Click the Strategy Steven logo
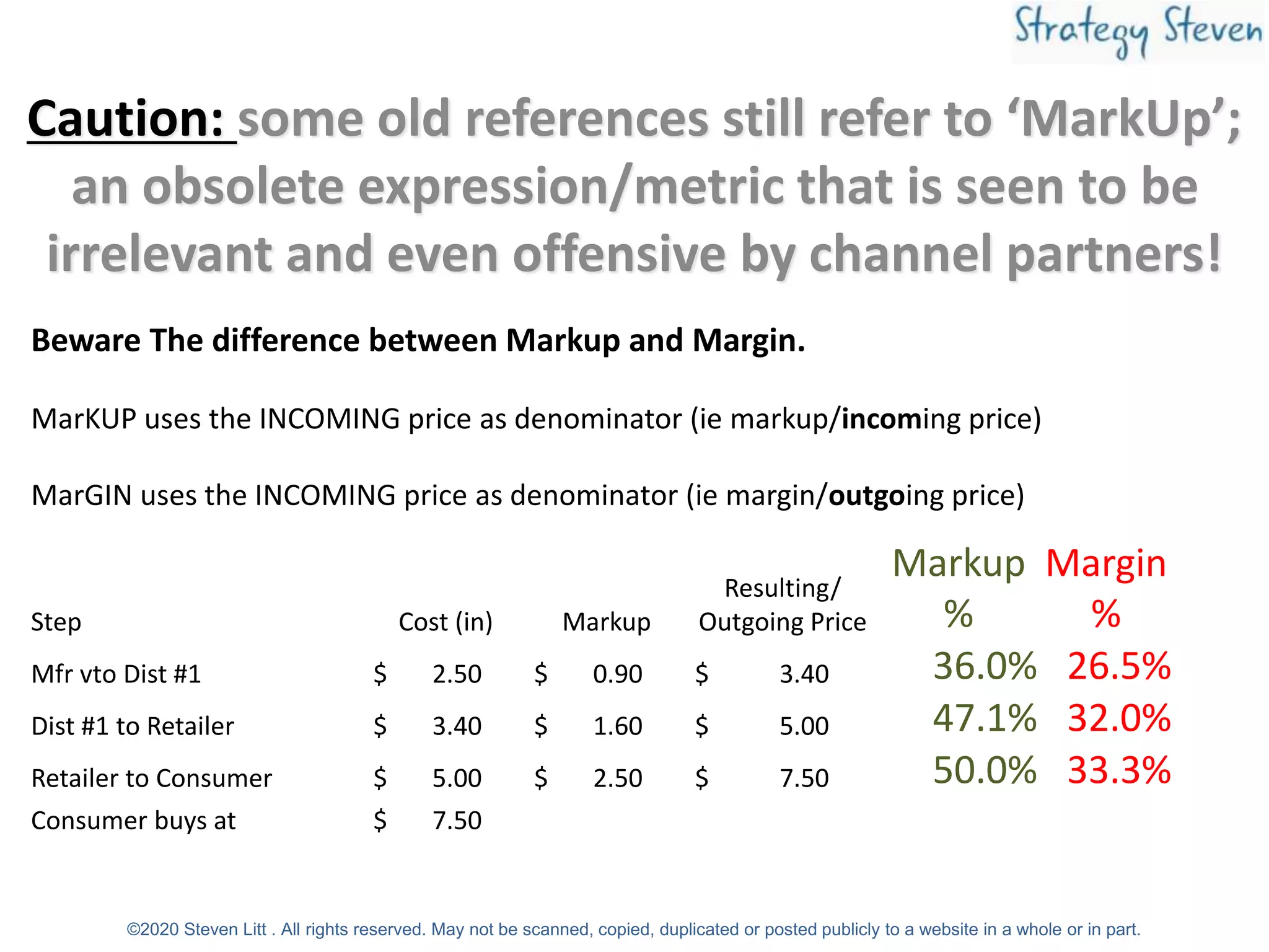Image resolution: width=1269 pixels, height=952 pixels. (x=1138, y=31)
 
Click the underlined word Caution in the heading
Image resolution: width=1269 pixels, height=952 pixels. (x=126, y=119)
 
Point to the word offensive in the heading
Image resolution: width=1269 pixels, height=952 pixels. (x=618, y=254)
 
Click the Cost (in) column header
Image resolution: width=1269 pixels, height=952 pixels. (x=446, y=622)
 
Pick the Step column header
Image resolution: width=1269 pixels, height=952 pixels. (x=56, y=622)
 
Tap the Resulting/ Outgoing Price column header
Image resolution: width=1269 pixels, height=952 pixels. (x=782, y=605)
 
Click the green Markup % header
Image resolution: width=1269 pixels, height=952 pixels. (x=958, y=588)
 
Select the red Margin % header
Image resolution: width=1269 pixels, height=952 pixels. (x=1106, y=588)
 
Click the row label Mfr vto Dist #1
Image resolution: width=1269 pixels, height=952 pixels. (x=116, y=674)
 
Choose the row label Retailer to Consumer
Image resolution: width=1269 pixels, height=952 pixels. (x=152, y=778)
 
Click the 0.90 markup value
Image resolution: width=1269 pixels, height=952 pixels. (x=617, y=674)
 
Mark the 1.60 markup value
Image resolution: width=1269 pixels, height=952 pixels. (x=617, y=726)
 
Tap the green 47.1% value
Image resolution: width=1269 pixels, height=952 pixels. (x=985, y=718)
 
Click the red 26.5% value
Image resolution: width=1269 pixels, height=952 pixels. (x=1119, y=666)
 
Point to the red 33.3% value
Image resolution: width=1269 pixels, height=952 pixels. (x=1119, y=770)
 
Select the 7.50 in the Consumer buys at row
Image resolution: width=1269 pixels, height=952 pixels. (x=457, y=821)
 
